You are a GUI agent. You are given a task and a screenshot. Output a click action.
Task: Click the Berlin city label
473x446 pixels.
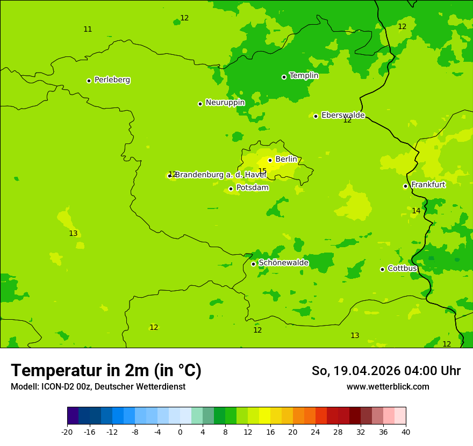coord(286,160)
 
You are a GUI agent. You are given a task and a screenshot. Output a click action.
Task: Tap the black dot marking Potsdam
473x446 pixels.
coord(231,189)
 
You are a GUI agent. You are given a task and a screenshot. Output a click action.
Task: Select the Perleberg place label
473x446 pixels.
coord(112,80)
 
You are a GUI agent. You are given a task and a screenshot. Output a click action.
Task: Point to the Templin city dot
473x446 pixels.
coord(284,77)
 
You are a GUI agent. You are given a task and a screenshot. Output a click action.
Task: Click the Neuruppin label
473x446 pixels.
coord(225,103)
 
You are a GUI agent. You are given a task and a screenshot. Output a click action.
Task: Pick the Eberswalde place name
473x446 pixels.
coord(343,116)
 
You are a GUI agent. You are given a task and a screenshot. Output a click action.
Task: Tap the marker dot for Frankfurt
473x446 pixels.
coord(405,186)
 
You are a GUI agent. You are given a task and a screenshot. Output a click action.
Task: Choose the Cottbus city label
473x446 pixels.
coord(402,268)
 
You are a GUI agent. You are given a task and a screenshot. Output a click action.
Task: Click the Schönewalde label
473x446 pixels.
coord(283,263)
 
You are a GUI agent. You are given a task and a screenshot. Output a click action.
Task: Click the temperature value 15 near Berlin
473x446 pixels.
coord(262,171)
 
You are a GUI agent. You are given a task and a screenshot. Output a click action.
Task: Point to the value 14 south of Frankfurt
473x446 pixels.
coord(416,211)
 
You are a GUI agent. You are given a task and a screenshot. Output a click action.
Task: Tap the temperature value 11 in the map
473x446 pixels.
coord(88,30)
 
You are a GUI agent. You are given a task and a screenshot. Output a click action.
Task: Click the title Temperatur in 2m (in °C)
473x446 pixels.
coord(106,371)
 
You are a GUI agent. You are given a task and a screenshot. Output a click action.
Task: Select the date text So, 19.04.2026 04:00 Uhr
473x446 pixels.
coord(386,371)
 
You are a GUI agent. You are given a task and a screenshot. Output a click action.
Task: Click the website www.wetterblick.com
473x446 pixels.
coord(388,387)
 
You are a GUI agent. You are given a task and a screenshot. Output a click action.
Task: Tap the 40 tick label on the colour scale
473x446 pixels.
coord(405,431)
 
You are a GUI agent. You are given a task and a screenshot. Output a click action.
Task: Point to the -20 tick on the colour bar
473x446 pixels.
coord(67,431)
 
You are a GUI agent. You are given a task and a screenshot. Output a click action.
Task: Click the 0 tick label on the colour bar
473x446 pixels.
coord(180,431)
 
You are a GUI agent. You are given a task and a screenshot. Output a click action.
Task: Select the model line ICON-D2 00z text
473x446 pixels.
coord(98,387)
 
